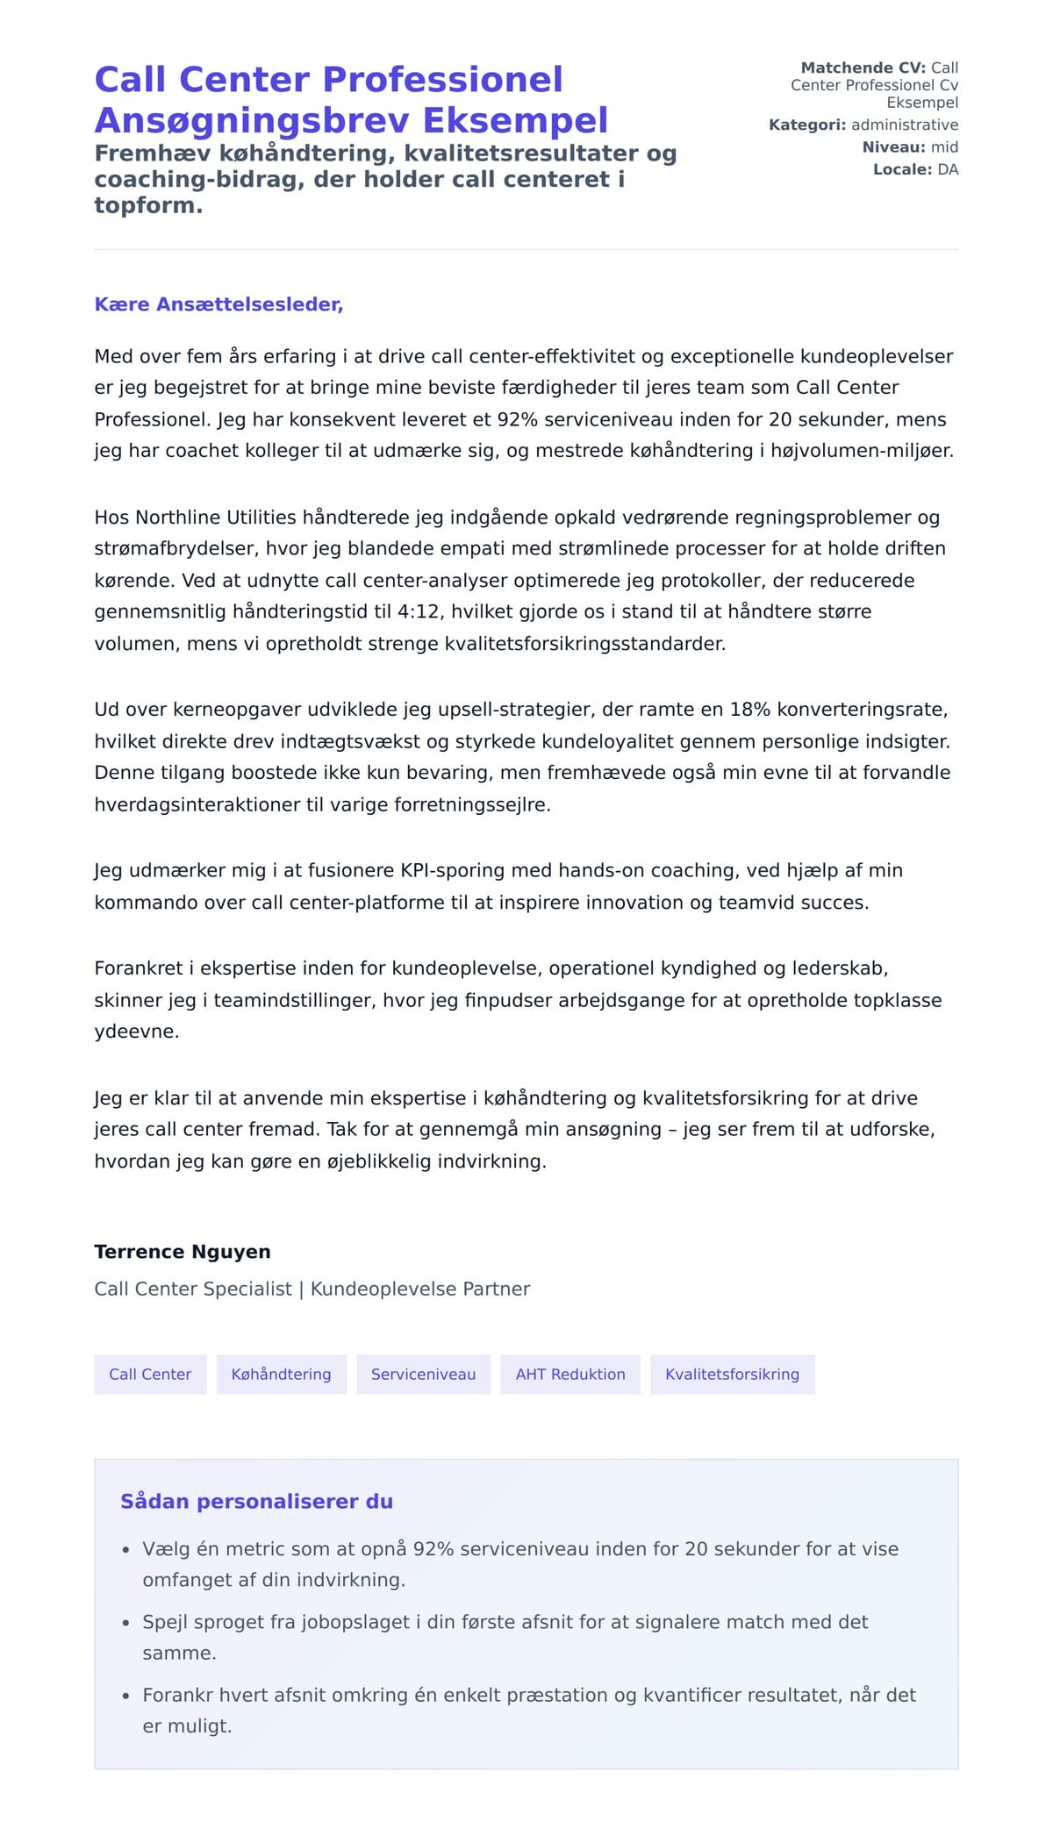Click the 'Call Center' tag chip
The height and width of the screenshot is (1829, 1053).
(x=150, y=1375)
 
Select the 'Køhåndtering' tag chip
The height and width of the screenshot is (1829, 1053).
(x=281, y=1375)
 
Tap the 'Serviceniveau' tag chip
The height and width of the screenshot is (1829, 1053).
(x=423, y=1375)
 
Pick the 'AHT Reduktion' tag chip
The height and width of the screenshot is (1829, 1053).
(x=570, y=1375)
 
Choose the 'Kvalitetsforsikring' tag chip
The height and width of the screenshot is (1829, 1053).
(x=732, y=1375)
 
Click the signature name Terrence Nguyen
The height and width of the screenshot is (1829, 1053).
(x=183, y=1252)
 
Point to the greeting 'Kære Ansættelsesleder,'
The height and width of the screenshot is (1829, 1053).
(x=218, y=304)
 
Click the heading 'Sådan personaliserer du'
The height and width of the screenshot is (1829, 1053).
(x=256, y=1502)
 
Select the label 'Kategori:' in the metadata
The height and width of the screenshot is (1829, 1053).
(x=807, y=125)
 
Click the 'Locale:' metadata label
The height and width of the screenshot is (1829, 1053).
(x=902, y=169)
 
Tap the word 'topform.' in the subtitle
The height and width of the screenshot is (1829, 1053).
(x=148, y=206)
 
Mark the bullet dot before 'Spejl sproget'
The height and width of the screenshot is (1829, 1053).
(x=126, y=1624)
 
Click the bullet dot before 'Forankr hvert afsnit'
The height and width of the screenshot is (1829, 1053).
(x=126, y=1697)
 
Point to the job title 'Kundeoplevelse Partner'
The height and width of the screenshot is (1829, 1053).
(x=420, y=1290)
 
